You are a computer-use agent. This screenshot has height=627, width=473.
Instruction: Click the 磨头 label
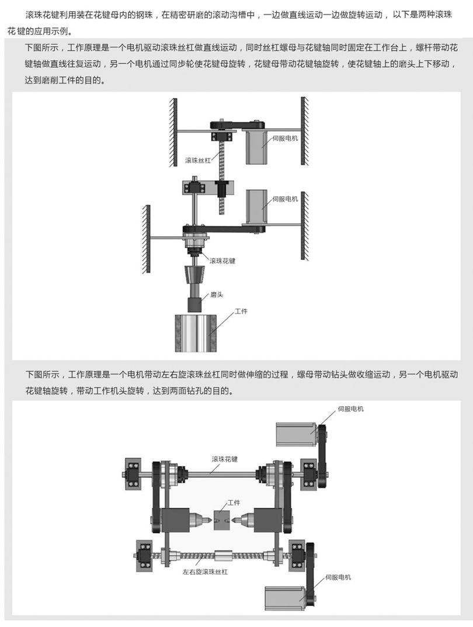217,295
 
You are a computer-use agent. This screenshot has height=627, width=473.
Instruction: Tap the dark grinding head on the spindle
195,304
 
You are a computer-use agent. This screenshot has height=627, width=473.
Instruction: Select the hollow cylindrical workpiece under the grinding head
196,333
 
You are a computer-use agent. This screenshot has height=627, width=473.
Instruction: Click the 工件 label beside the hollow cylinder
241,311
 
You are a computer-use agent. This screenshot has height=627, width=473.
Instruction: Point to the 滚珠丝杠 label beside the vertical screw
198,160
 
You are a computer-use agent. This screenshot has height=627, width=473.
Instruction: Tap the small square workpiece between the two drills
222,520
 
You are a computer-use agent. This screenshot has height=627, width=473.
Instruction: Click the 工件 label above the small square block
234,503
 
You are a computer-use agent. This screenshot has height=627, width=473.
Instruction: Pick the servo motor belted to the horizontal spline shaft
297,434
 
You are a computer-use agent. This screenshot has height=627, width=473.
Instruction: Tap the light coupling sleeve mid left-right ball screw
223,555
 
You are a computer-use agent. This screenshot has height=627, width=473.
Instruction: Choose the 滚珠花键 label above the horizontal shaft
224,459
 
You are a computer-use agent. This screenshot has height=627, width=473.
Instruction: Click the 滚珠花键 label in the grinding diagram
222,261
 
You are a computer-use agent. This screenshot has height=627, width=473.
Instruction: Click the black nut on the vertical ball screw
221,188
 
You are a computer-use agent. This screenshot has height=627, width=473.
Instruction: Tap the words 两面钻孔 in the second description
186,391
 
